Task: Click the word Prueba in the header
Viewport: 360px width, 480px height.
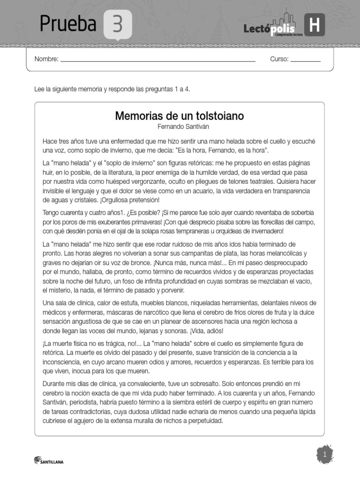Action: [x=68, y=23]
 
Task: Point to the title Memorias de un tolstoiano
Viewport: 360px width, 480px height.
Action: [x=180, y=116]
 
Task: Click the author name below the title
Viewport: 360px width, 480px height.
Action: [x=180, y=126]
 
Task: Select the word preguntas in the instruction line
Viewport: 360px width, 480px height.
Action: [x=152, y=89]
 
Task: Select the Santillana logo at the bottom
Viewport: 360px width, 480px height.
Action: [x=49, y=461]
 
